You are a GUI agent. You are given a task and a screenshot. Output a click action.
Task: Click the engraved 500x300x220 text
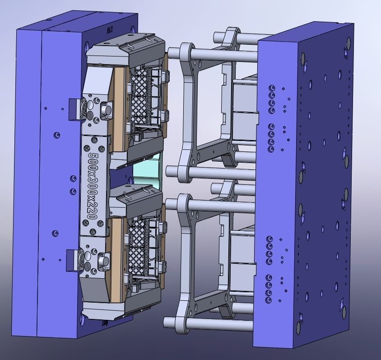pos(93,186)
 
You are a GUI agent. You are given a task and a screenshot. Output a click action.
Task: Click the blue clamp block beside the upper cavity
pos(74,110)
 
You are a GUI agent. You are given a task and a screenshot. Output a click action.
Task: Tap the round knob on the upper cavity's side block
pos(107,109)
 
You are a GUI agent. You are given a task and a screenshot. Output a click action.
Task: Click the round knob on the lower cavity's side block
pos(105,261)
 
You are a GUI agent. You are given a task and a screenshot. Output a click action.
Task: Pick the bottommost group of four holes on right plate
pos(270,285)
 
